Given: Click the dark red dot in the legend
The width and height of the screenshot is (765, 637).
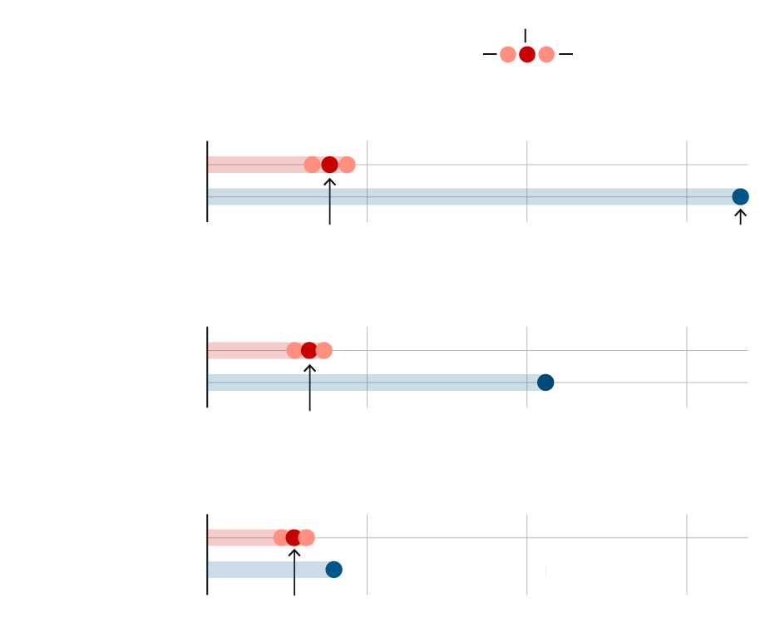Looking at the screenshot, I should [527, 55].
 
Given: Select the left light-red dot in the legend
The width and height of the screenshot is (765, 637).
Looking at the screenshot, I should [508, 55].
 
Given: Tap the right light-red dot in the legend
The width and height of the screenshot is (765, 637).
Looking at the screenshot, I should [546, 55].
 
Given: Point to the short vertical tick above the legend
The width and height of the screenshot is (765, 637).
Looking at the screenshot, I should [526, 36].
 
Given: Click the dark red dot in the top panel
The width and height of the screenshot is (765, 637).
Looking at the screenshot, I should [329, 165].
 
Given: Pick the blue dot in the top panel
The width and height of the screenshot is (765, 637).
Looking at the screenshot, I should [740, 197].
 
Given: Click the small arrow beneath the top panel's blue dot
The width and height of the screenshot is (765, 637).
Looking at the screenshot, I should [740, 217].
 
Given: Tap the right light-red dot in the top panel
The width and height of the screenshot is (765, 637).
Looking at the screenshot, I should [348, 165].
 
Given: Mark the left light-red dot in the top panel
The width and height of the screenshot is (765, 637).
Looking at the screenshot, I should [311, 165].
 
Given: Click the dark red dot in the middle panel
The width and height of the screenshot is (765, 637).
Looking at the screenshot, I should [309, 350].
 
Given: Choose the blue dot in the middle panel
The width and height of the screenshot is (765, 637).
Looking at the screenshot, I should [545, 383].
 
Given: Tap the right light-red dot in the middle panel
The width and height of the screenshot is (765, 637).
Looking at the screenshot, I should [324, 350].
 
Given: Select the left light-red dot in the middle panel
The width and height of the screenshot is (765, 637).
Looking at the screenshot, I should [294, 350].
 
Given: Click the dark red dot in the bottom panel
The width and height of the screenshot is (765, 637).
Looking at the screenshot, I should [294, 537].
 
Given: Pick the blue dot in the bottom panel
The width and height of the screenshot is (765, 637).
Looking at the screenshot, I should [333, 570].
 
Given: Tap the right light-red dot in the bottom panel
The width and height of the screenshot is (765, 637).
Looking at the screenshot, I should [307, 537].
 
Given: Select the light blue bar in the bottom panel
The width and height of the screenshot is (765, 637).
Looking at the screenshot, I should [266, 570].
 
